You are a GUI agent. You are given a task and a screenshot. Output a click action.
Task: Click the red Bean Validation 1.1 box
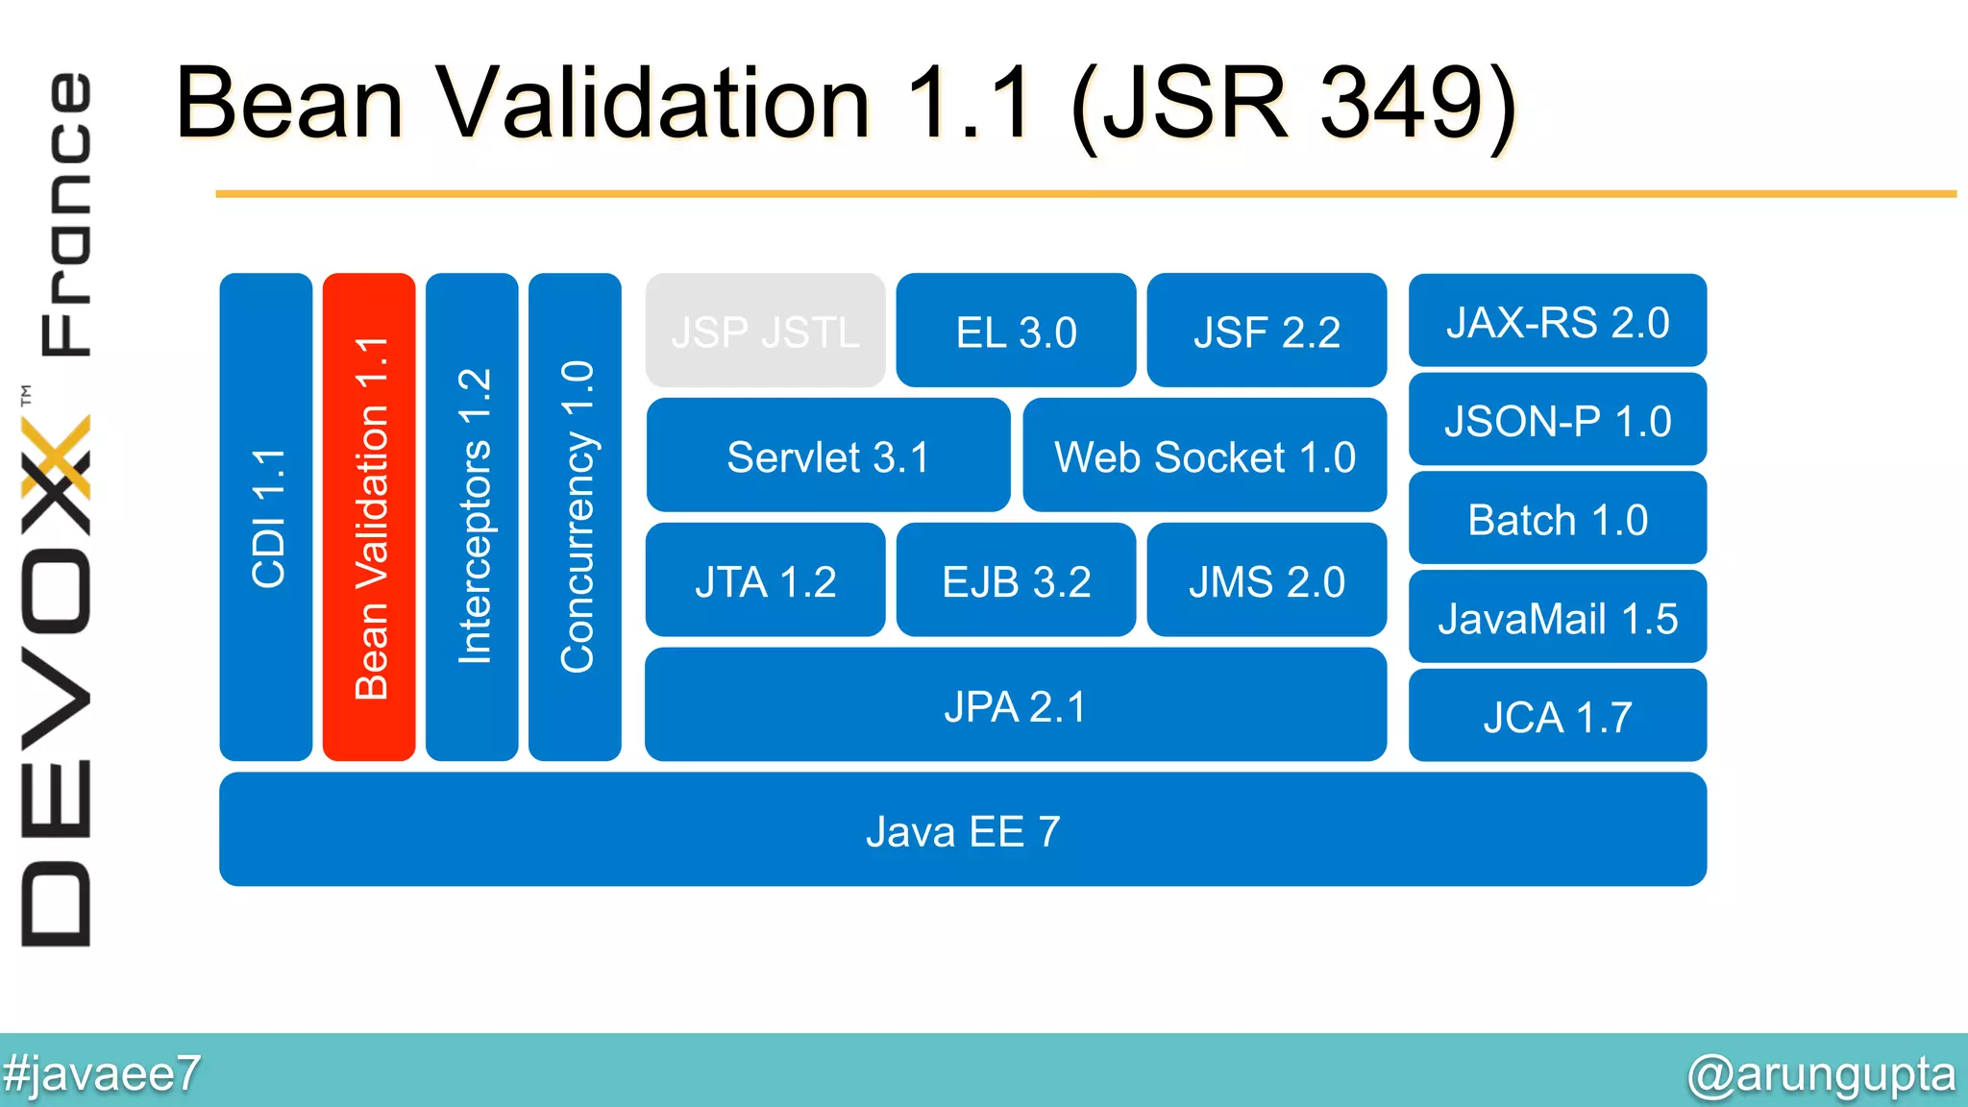coord(369,517)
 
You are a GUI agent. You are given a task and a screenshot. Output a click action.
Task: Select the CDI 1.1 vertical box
coord(266,517)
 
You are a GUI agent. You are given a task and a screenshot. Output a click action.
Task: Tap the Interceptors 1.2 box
coord(472,517)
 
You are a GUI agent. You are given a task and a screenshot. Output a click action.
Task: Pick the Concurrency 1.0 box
coord(575,517)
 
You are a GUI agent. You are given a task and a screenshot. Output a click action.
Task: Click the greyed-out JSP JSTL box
coord(765,332)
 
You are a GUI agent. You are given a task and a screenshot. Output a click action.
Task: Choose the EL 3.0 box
coord(1016,332)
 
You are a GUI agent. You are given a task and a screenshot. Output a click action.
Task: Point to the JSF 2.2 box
coord(1267,332)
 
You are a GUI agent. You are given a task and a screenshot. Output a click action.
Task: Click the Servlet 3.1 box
coord(827,455)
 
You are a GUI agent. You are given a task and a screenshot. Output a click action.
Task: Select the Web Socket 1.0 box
coord(1204,455)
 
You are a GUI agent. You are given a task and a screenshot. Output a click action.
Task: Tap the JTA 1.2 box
coord(765,580)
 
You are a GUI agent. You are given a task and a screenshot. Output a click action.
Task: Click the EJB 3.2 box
coord(1016,580)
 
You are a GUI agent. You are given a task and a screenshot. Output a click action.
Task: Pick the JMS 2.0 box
coord(1267,580)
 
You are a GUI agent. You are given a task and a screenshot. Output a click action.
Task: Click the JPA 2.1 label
coord(1015,706)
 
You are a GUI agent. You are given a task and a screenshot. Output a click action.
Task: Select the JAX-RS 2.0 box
coord(1557,321)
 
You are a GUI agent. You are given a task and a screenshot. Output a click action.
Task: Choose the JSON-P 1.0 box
coord(1557,420)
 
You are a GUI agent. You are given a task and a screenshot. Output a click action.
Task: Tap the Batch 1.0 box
coord(1557,519)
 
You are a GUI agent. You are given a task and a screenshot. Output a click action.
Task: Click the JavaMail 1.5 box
coord(1557,618)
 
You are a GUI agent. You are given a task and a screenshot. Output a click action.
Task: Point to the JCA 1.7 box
coord(1557,717)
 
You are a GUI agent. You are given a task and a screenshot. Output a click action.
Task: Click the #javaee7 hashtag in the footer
coord(102,1072)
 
